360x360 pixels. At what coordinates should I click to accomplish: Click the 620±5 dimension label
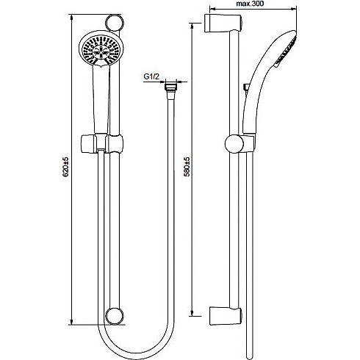(65, 167)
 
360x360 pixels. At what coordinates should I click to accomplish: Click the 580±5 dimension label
(187, 167)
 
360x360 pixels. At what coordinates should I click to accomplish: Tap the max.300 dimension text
(250, 4)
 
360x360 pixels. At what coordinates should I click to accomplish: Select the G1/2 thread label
(151, 76)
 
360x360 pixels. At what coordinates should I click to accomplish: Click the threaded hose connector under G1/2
(170, 90)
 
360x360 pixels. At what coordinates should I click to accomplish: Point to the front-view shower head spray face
(101, 49)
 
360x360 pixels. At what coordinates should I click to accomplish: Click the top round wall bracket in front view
(115, 23)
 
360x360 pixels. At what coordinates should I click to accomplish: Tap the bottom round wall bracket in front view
(115, 316)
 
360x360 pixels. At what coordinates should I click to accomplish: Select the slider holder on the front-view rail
(102, 144)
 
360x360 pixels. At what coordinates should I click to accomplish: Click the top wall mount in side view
(223, 23)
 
